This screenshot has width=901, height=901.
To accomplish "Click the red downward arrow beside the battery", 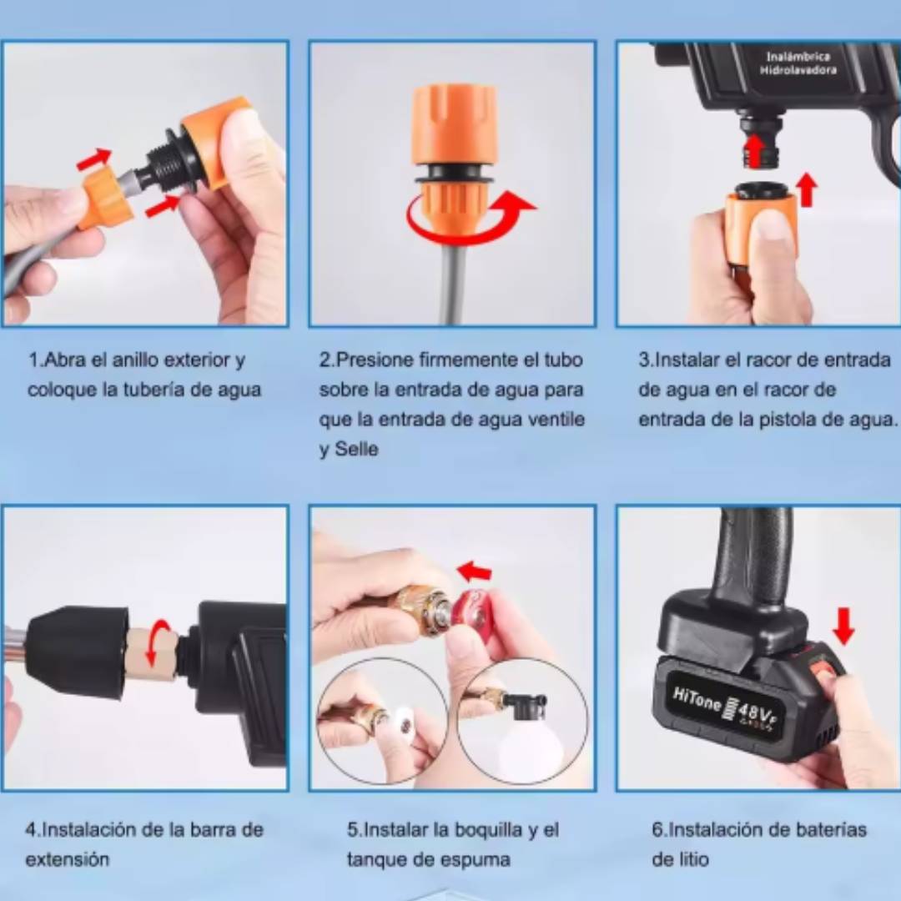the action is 843,627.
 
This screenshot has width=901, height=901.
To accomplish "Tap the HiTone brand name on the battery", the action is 696,699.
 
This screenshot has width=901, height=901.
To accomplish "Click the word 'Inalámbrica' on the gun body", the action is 798,57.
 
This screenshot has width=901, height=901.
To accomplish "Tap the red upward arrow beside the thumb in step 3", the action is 808,189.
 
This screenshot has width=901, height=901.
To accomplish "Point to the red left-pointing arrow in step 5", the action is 474,571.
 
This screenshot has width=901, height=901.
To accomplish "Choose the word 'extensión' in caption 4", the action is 68,859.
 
